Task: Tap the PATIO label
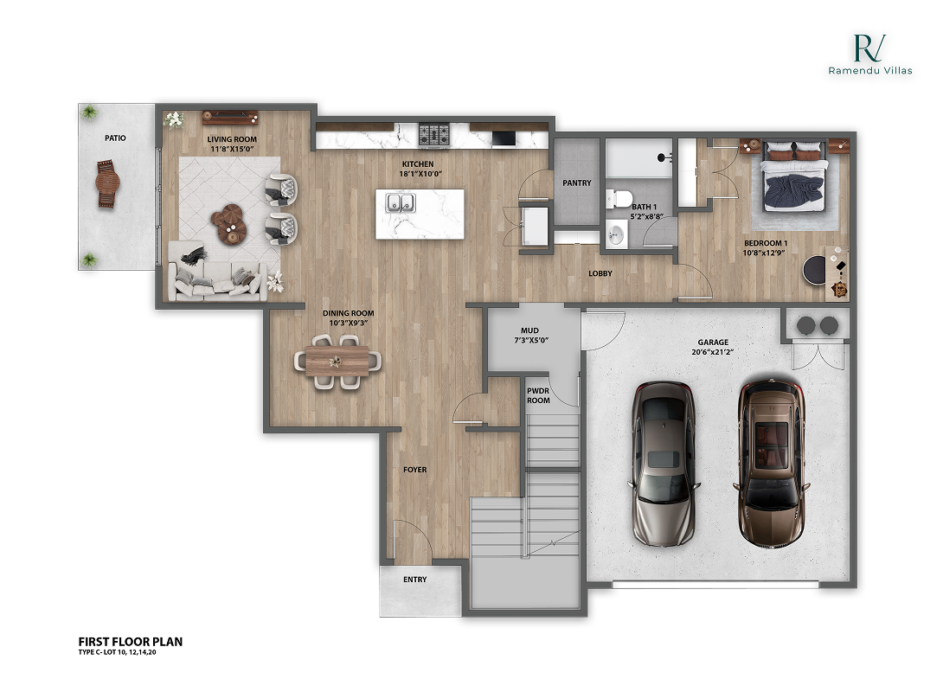point(115,138)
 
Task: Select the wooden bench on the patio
point(106,184)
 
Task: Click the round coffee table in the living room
point(229,219)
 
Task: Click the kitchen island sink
point(399,203)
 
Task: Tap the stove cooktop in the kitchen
point(434,135)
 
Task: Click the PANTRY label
point(576,183)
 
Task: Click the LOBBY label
point(600,274)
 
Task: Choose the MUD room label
point(529,330)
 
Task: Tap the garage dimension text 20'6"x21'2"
point(714,353)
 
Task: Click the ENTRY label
point(415,580)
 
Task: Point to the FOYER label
point(415,470)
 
